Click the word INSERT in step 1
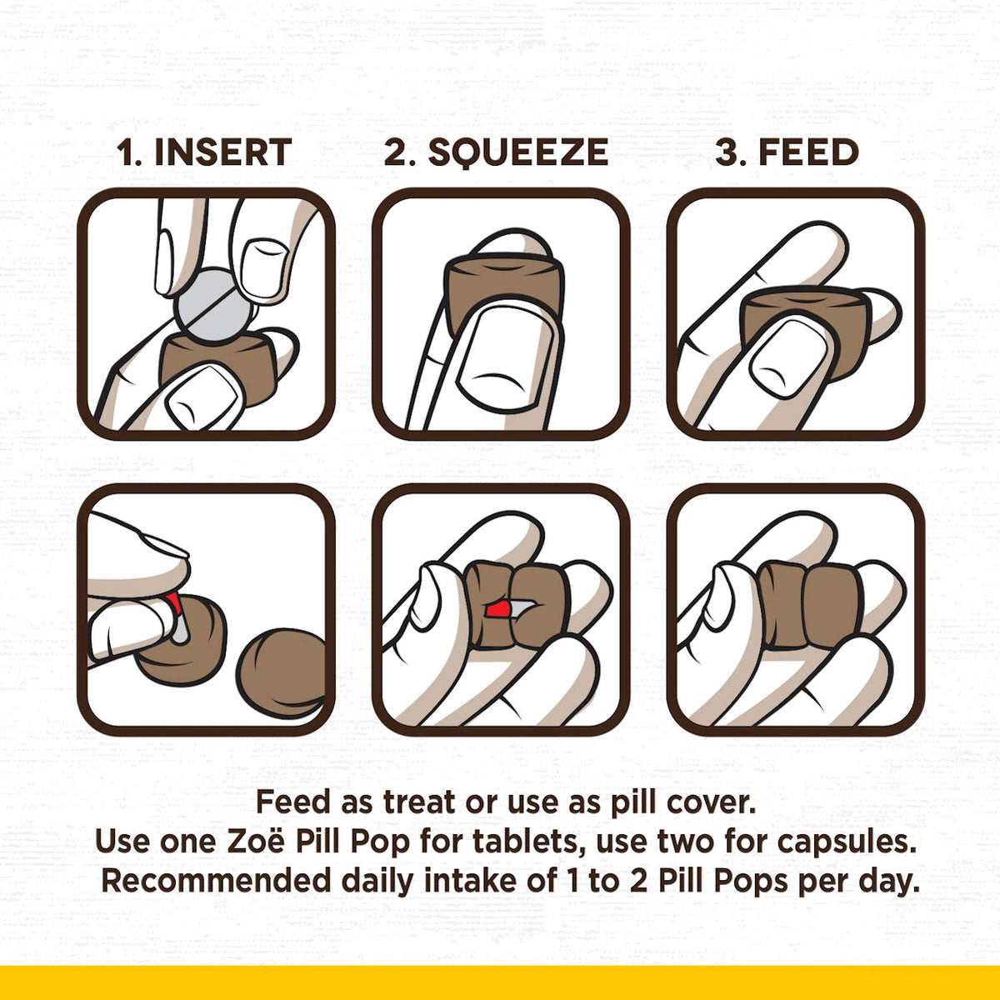223,152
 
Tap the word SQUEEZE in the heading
517,153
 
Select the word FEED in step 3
809,152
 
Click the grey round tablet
214,304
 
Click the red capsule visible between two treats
497,609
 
